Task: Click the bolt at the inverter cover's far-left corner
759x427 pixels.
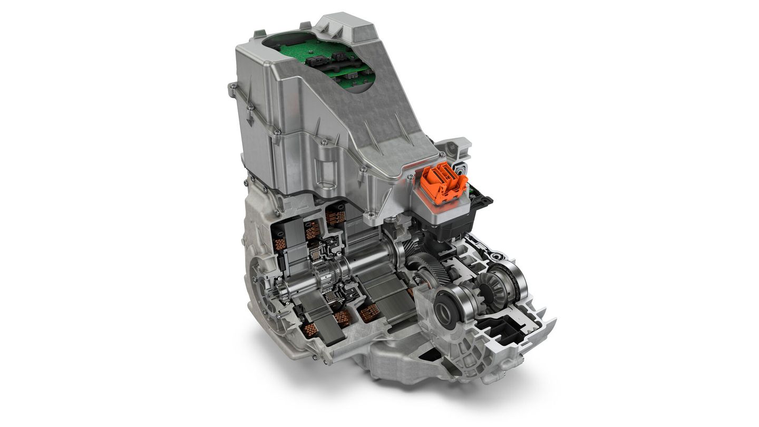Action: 232,88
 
